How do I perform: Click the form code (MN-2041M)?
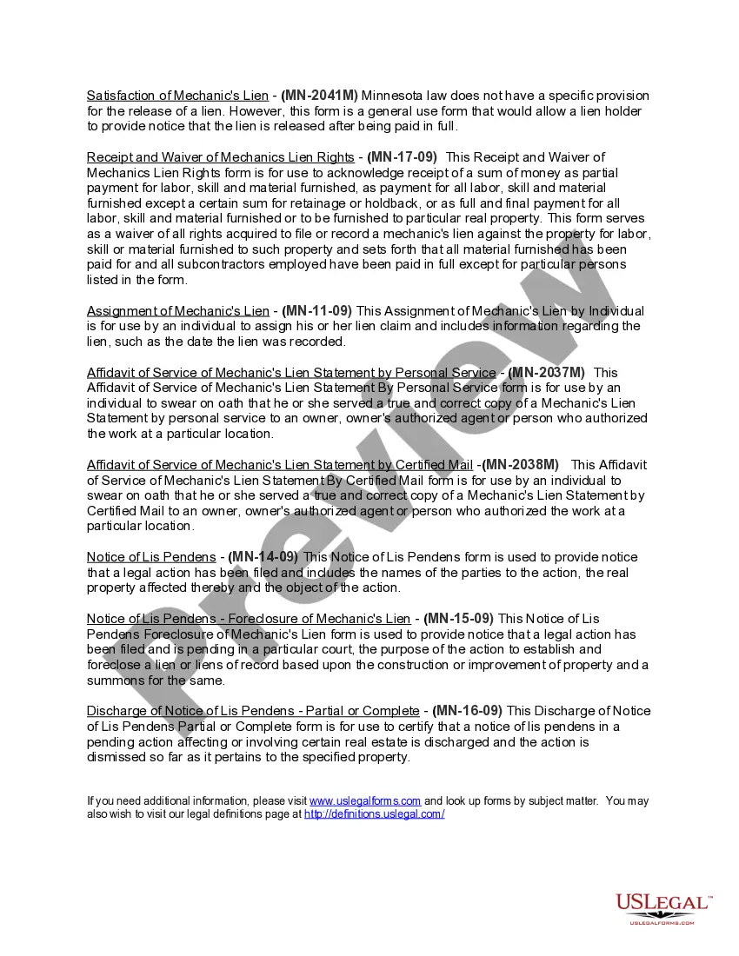coord(319,96)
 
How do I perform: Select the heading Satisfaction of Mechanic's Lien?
coord(177,96)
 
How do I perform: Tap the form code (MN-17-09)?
coord(402,157)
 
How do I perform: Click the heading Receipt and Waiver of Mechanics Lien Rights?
coord(220,157)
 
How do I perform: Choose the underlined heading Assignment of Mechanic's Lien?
coord(178,311)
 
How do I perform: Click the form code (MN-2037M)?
coord(546,373)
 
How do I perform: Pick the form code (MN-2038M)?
coord(520,465)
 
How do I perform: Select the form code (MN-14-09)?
coord(263,557)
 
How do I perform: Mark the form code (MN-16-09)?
coord(469,711)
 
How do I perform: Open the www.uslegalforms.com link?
coord(365,801)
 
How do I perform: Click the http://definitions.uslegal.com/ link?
coord(374,814)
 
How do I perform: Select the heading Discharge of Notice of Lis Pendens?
coord(254,711)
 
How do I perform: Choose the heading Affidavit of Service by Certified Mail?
coord(280,465)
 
